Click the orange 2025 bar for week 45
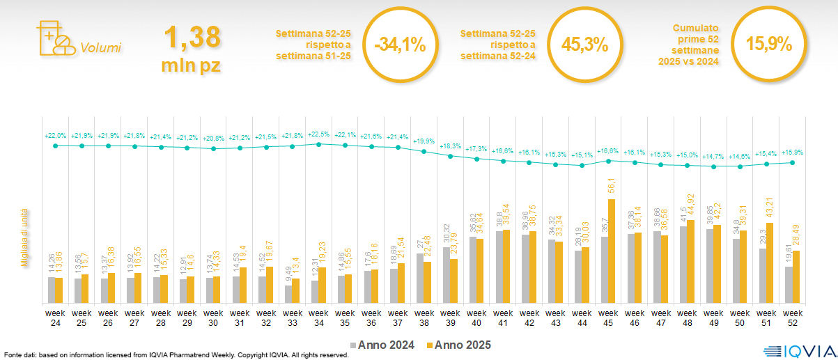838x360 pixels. click(x=612, y=251)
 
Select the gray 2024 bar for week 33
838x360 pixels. click(x=288, y=294)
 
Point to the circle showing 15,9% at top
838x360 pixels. click(x=768, y=45)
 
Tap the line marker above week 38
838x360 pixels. click(x=424, y=150)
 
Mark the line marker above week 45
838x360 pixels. click(x=609, y=161)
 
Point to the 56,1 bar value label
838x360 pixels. click(x=612, y=188)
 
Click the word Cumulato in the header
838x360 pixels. click(x=695, y=29)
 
